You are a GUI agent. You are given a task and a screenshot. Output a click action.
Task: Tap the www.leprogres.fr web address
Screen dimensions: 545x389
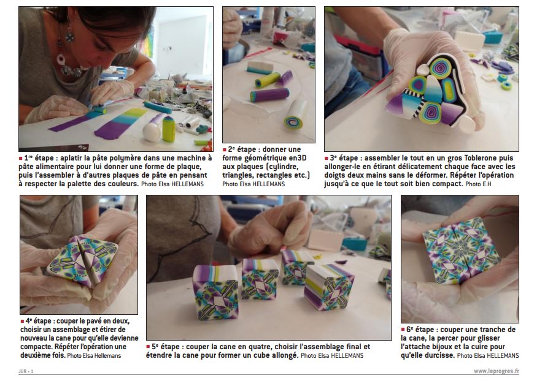[x=497, y=371]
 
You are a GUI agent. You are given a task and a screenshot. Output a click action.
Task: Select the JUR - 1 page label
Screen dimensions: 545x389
[x=26, y=371]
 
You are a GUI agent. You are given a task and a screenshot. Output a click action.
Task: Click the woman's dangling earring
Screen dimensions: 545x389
[x=69, y=36]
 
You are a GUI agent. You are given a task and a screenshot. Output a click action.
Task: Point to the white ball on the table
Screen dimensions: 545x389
[x=152, y=132]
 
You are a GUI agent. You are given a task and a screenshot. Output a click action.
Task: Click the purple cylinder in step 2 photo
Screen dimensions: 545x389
[x=269, y=95]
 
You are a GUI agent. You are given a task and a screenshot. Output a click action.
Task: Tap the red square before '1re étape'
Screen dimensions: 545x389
[x=20, y=158]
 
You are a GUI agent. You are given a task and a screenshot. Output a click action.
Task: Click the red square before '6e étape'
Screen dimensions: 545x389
[x=403, y=330]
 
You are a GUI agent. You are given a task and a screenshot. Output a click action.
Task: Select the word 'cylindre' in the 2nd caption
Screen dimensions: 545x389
[x=280, y=167]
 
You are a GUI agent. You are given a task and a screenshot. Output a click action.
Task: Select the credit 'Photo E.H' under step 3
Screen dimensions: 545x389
[x=478, y=184]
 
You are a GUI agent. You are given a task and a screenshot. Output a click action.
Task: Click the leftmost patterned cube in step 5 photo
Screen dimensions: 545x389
[x=215, y=292]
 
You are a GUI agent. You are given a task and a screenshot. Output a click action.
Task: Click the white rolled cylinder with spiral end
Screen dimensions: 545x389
[x=294, y=114]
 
